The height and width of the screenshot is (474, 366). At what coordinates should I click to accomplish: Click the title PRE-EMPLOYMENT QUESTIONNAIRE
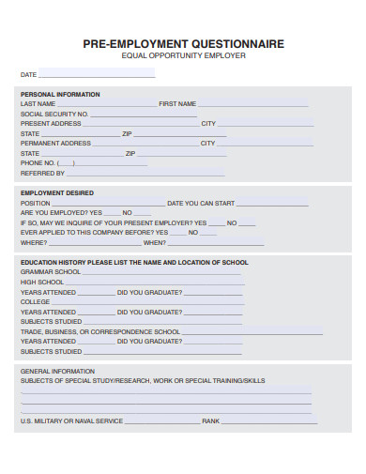coord(183,43)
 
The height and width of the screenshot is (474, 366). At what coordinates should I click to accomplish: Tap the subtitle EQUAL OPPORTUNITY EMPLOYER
coord(183,55)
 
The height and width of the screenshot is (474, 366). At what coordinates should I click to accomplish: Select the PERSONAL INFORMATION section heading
coord(60,94)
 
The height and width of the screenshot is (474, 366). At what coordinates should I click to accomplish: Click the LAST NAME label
coord(38,103)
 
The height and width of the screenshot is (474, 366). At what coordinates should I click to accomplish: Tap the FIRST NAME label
coord(177,103)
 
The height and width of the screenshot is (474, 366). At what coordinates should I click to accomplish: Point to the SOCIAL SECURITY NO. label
coord(54,114)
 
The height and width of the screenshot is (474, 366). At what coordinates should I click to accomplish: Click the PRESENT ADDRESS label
coord(51,124)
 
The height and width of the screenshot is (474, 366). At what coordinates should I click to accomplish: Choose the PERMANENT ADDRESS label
coord(55,144)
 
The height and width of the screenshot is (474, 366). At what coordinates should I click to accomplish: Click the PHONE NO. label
coord(38,163)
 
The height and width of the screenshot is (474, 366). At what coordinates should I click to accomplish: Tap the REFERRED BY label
coord(42,174)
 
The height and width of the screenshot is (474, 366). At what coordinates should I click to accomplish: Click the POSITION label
coord(36,203)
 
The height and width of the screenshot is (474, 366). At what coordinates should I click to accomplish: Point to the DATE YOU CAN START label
coord(200,203)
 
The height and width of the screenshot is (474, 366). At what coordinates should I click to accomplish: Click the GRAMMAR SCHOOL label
coord(50,271)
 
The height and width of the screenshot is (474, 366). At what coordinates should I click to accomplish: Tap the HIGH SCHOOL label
coord(42,282)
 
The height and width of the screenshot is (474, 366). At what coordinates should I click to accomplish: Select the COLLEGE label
coord(35,301)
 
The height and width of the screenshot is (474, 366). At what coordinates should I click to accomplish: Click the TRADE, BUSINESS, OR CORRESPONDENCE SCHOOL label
coord(100,331)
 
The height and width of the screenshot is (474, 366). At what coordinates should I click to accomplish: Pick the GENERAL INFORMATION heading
coord(57,371)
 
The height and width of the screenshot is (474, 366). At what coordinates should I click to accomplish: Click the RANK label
coord(210,420)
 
